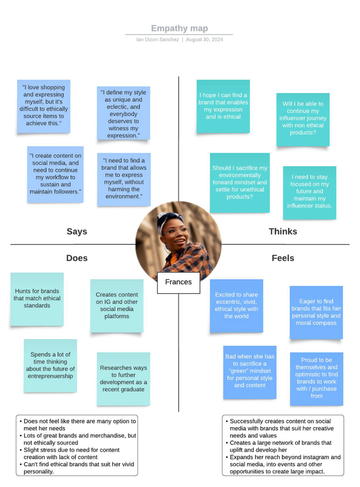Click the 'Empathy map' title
point(179,28)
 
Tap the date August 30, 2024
point(204,39)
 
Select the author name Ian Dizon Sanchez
point(157,39)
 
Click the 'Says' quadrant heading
point(77,231)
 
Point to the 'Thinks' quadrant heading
point(283,231)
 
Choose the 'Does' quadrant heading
point(77,258)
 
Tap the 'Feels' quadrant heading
point(283,258)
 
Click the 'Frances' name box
point(178,282)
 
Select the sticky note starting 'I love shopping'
point(44,106)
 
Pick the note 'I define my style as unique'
point(123,113)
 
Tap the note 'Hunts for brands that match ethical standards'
point(37,299)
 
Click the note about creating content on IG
point(117,306)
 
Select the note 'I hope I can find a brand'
point(223,106)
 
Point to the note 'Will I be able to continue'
point(303,119)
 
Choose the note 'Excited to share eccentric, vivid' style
point(236,306)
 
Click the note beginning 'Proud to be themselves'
point(316,379)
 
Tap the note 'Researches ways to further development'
point(123,379)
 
